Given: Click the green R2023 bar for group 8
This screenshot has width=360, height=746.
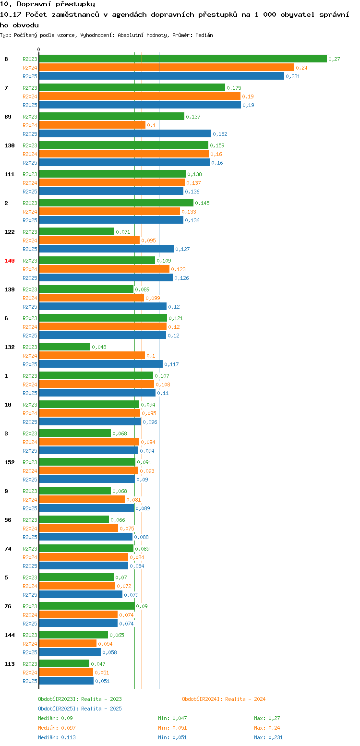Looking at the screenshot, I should (x=182, y=59).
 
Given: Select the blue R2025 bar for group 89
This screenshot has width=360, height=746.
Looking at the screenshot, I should (x=125, y=133).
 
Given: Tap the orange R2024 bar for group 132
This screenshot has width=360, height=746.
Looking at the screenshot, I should (x=92, y=355).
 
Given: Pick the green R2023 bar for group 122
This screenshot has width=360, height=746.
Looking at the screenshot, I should (x=76, y=231).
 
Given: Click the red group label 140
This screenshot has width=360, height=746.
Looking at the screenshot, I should (x=10, y=260).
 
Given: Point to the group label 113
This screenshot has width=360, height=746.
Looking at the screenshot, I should (x=10, y=663).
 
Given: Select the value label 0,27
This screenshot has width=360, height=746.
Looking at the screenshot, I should (x=334, y=59).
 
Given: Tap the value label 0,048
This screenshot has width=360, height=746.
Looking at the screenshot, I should (x=99, y=347).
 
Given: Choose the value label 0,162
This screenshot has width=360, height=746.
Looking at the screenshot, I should (x=220, y=134).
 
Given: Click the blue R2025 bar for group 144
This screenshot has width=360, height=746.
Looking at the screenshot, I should (x=70, y=652).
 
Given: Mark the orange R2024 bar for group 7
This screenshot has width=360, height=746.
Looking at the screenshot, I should (x=139, y=96).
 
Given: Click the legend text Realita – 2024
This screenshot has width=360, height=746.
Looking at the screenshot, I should (x=245, y=699).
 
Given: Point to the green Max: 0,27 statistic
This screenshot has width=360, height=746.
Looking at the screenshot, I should (x=267, y=718).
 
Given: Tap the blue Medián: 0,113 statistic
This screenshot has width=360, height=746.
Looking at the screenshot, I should (x=57, y=737).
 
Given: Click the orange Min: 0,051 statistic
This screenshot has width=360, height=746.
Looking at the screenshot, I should (x=172, y=728).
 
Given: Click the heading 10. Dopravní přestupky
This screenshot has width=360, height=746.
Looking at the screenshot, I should (x=48, y=4).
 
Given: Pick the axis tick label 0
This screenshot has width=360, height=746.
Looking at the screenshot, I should (x=39, y=49).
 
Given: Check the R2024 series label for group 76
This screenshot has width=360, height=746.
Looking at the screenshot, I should (x=30, y=615).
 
